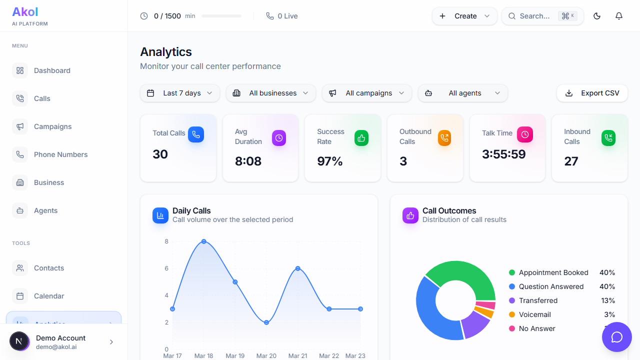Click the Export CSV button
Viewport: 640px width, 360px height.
click(592, 93)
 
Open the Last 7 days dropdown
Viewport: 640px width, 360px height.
click(180, 93)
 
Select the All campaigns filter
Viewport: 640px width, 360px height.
click(367, 93)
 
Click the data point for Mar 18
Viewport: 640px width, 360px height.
click(204, 241)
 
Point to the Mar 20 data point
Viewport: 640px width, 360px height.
click(266, 322)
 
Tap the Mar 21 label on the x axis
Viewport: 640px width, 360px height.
click(297, 356)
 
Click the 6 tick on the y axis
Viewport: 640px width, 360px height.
click(166, 268)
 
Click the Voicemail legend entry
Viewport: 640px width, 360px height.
click(534, 314)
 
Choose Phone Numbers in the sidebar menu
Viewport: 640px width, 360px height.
click(60, 154)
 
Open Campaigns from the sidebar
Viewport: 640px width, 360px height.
click(52, 126)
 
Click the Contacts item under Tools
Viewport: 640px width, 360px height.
click(48, 268)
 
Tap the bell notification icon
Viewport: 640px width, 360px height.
click(619, 16)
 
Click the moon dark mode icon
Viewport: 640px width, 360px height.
click(597, 16)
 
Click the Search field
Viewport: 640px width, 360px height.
click(535, 16)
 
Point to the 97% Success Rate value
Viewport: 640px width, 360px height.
click(330, 161)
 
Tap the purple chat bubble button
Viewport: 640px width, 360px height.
click(617, 337)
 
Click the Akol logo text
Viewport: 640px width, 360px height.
click(25, 12)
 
